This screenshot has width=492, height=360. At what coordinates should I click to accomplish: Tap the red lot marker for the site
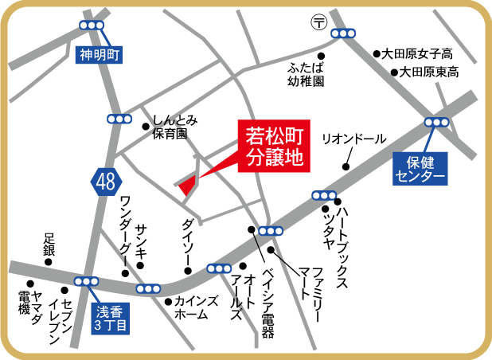[188, 185]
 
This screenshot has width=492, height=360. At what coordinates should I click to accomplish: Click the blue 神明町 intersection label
[98, 56]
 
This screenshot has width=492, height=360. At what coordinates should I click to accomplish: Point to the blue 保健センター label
[420, 169]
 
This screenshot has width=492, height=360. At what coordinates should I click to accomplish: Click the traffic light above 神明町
[92, 26]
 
